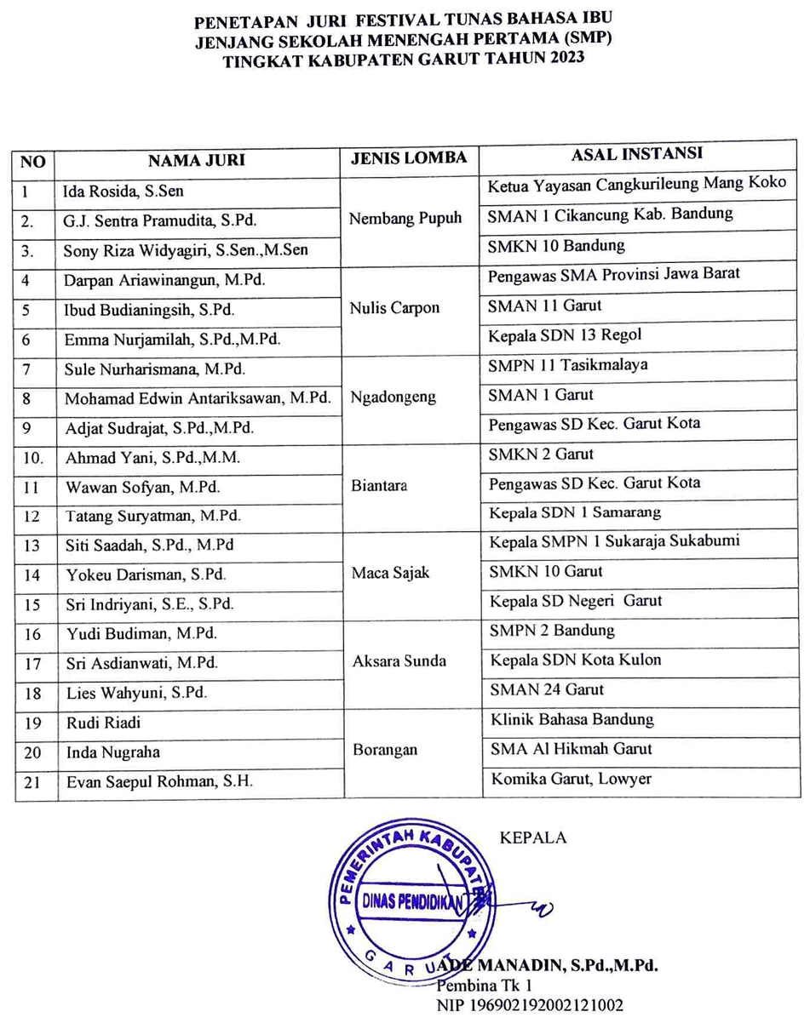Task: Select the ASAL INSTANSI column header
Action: (636, 155)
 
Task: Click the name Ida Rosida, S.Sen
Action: (124, 191)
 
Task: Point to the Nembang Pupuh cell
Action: (405, 218)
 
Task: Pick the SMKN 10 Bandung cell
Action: (556, 245)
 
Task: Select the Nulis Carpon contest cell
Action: (394, 308)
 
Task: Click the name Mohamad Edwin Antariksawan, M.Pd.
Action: (198, 397)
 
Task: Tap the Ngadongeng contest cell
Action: (393, 397)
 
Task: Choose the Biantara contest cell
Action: (379, 486)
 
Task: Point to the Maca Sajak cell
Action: (391, 573)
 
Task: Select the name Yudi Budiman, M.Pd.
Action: (141, 634)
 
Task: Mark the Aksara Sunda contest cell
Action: (399, 661)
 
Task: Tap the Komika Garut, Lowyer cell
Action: (571, 779)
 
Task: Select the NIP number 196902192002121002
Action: (530, 1005)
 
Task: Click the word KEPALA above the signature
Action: (533, 837)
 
